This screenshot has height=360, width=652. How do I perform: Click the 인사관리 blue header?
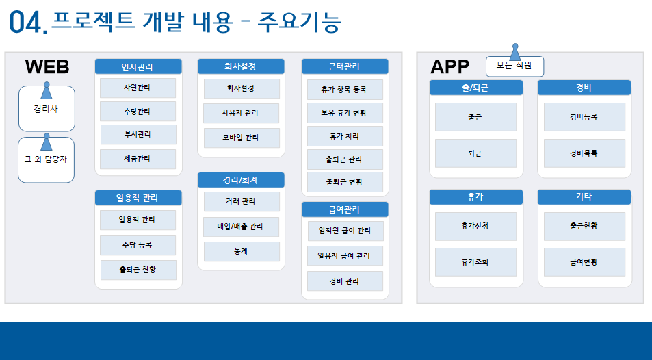(138, 66)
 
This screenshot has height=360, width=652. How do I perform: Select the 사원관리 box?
(138, 88)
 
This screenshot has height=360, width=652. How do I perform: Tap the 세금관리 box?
(138, 159)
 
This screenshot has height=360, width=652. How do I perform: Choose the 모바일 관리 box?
(242, 138)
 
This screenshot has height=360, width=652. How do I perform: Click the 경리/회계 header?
(241, 180)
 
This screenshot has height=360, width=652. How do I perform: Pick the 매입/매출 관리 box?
(242, 227)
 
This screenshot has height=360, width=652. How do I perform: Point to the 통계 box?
(242, 251)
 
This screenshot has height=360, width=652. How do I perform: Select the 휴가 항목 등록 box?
(345, 90)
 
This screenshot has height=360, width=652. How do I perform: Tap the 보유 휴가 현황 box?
(345, 113)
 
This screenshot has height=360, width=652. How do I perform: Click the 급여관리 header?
(345, 209)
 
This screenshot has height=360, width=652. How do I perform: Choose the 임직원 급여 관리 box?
(345, 231)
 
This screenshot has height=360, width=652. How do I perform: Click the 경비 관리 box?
(345, 281)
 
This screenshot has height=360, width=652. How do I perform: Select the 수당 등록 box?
(138, 245)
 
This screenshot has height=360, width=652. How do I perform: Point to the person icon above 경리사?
(46, 91)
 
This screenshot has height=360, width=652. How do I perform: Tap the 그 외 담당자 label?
(46, 159)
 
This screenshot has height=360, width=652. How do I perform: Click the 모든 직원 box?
(514, 66)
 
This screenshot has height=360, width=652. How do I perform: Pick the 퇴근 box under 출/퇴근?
(475, 153)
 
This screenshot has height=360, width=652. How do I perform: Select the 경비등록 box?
(584, 117)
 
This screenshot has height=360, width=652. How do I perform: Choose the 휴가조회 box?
(475, 262)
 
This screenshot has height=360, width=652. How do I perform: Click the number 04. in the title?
(29, 23)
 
